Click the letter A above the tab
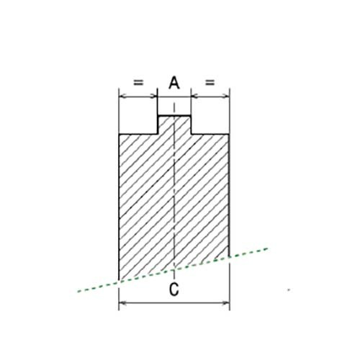pos(174,83)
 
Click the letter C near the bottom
pos(174,289)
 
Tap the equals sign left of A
pos(138,83)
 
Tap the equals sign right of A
pos(210,83)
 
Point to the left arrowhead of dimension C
pos(123,303)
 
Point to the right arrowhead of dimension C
pos(226,303)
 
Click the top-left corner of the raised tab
pos(158,116)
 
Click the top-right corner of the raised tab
pos(191,116)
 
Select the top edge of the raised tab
pos(174,116)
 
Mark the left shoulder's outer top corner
pos(120,134)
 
